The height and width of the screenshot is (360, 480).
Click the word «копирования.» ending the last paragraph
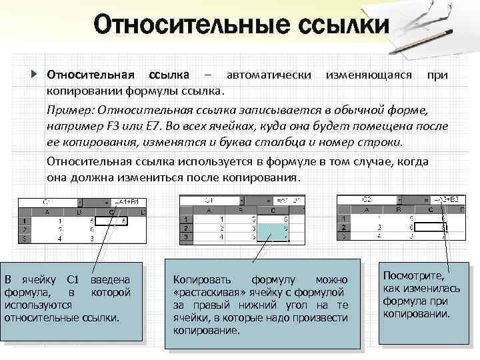click(x=263, y=179)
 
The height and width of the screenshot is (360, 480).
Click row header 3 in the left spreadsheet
click(x=24, y=237)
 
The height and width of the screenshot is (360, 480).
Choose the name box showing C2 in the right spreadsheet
click(x=367, y=199)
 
